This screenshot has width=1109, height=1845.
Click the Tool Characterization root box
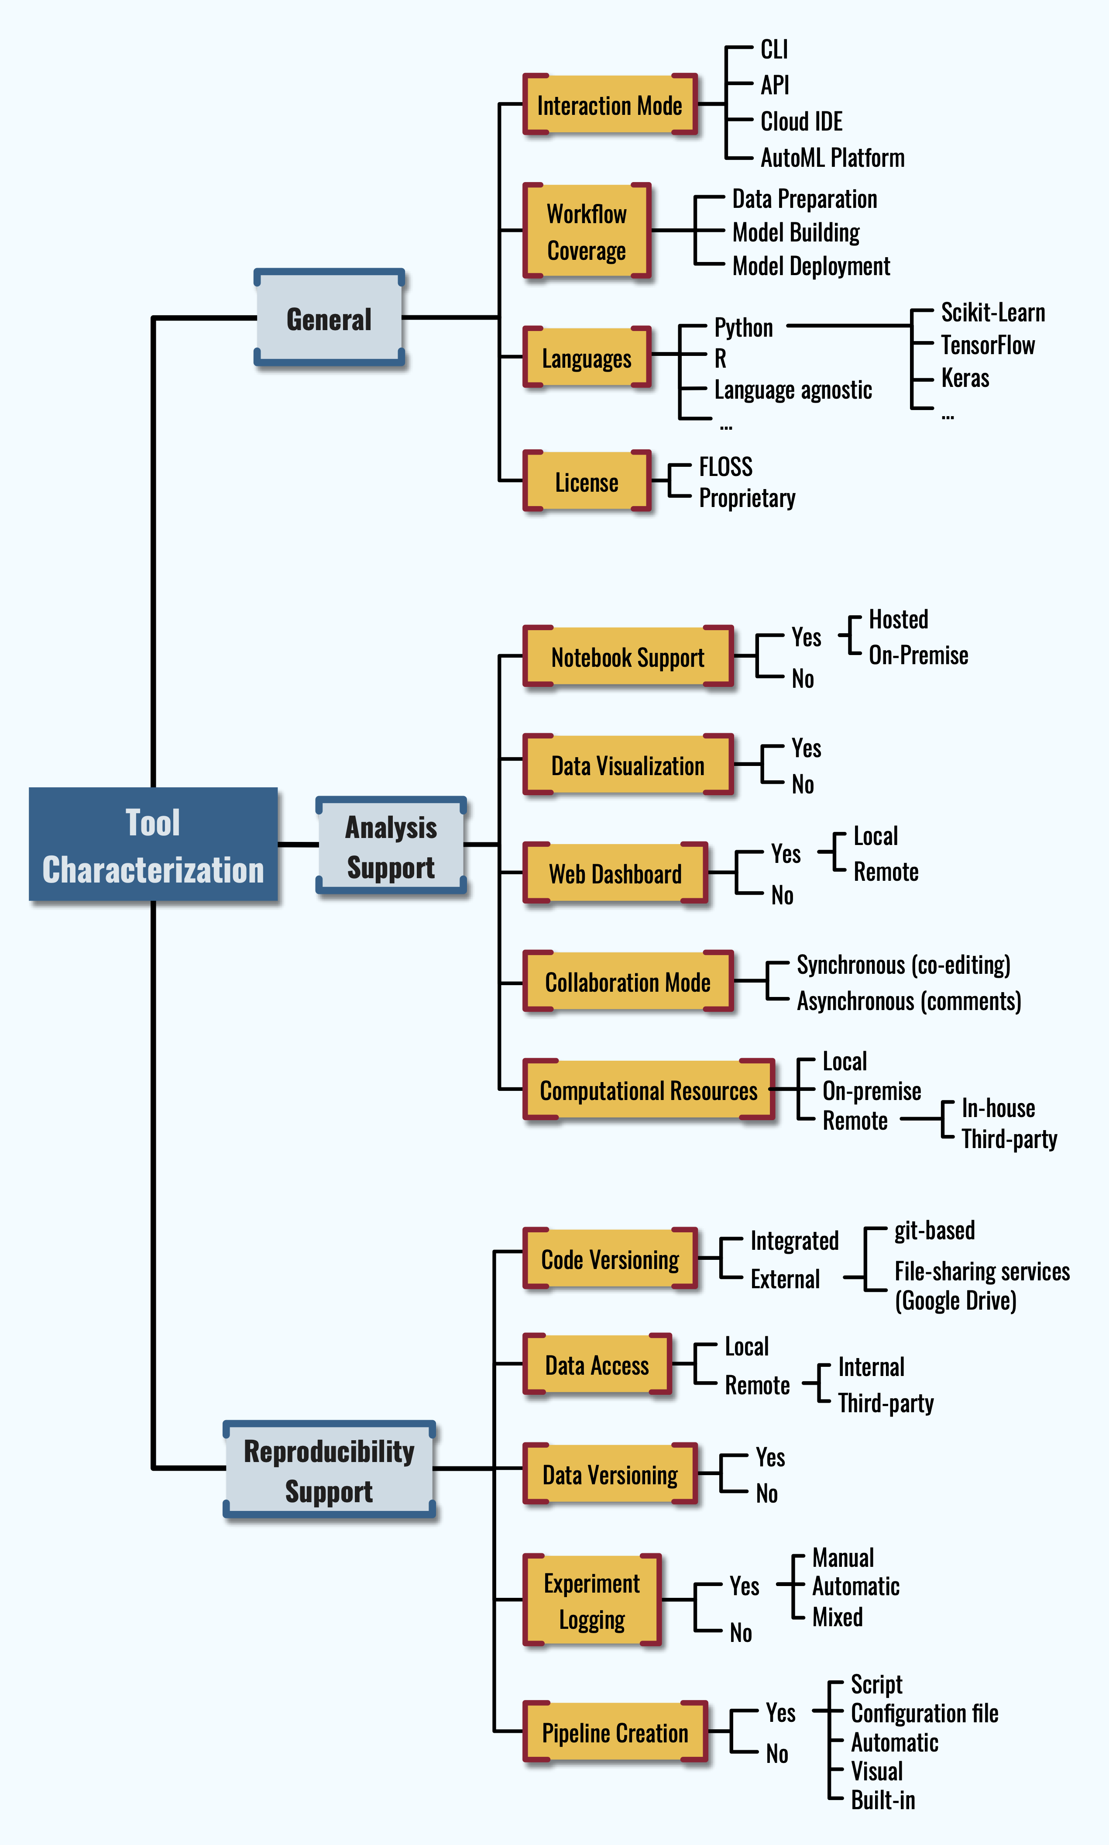[x=153, y=844]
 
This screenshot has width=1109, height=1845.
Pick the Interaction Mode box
[x=610, y=105]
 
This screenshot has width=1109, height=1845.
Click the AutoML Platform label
[x=832, y=158]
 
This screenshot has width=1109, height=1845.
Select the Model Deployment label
[x=811, y=266]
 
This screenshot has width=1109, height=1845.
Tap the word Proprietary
[x=747, y=498]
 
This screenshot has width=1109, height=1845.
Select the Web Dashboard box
[x=615, y=873]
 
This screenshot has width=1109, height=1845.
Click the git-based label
[x=934, y=1230]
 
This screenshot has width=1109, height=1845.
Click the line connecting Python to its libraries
[x=848, y=326]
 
